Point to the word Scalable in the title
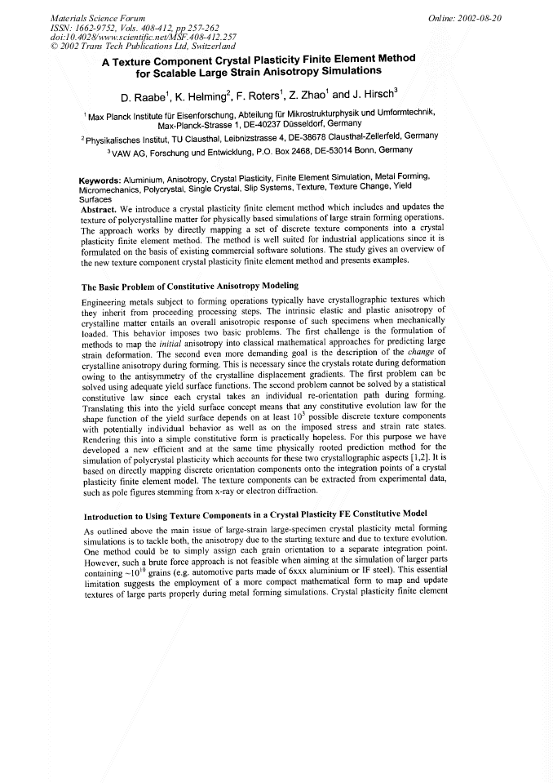pos(170,71)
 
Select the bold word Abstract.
pos(99,208)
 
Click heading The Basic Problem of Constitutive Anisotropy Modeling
pos(190,286)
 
